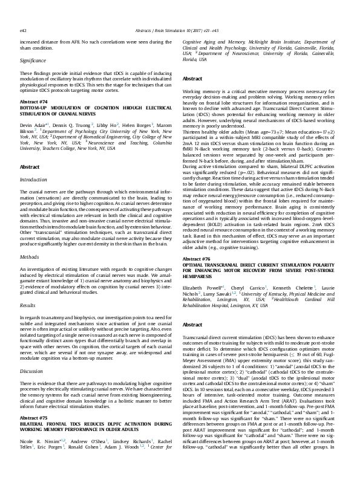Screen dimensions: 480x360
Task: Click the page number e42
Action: [23, 11]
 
